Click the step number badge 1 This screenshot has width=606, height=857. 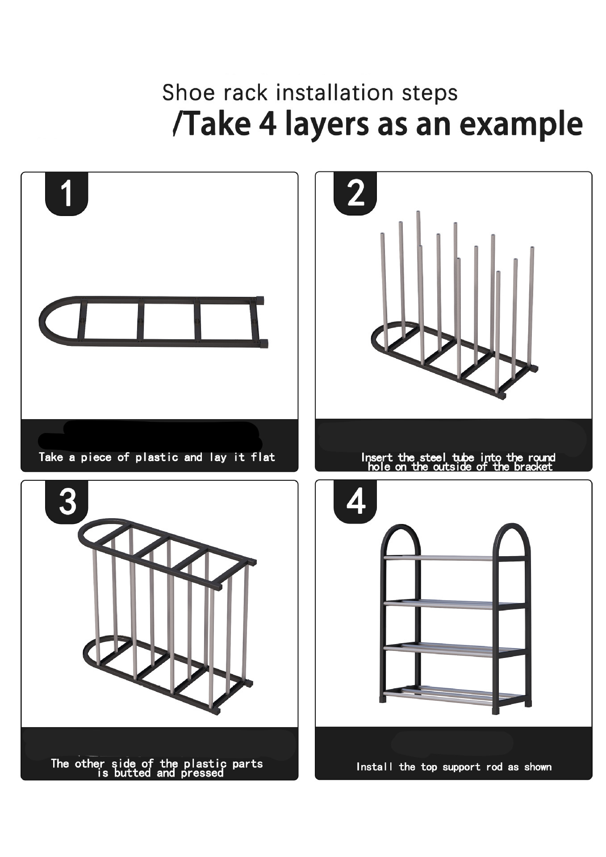67,194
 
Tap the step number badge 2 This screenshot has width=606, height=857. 355,194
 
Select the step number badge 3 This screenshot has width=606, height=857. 67,502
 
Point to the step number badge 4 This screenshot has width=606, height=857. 355,502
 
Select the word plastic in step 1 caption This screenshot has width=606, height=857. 157,457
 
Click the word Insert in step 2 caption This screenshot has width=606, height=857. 377,457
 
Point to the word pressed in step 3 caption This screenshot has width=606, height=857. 202,773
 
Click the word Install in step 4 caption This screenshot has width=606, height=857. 374,767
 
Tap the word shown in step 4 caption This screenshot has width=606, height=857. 538,767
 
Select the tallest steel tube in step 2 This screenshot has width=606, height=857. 418,232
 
